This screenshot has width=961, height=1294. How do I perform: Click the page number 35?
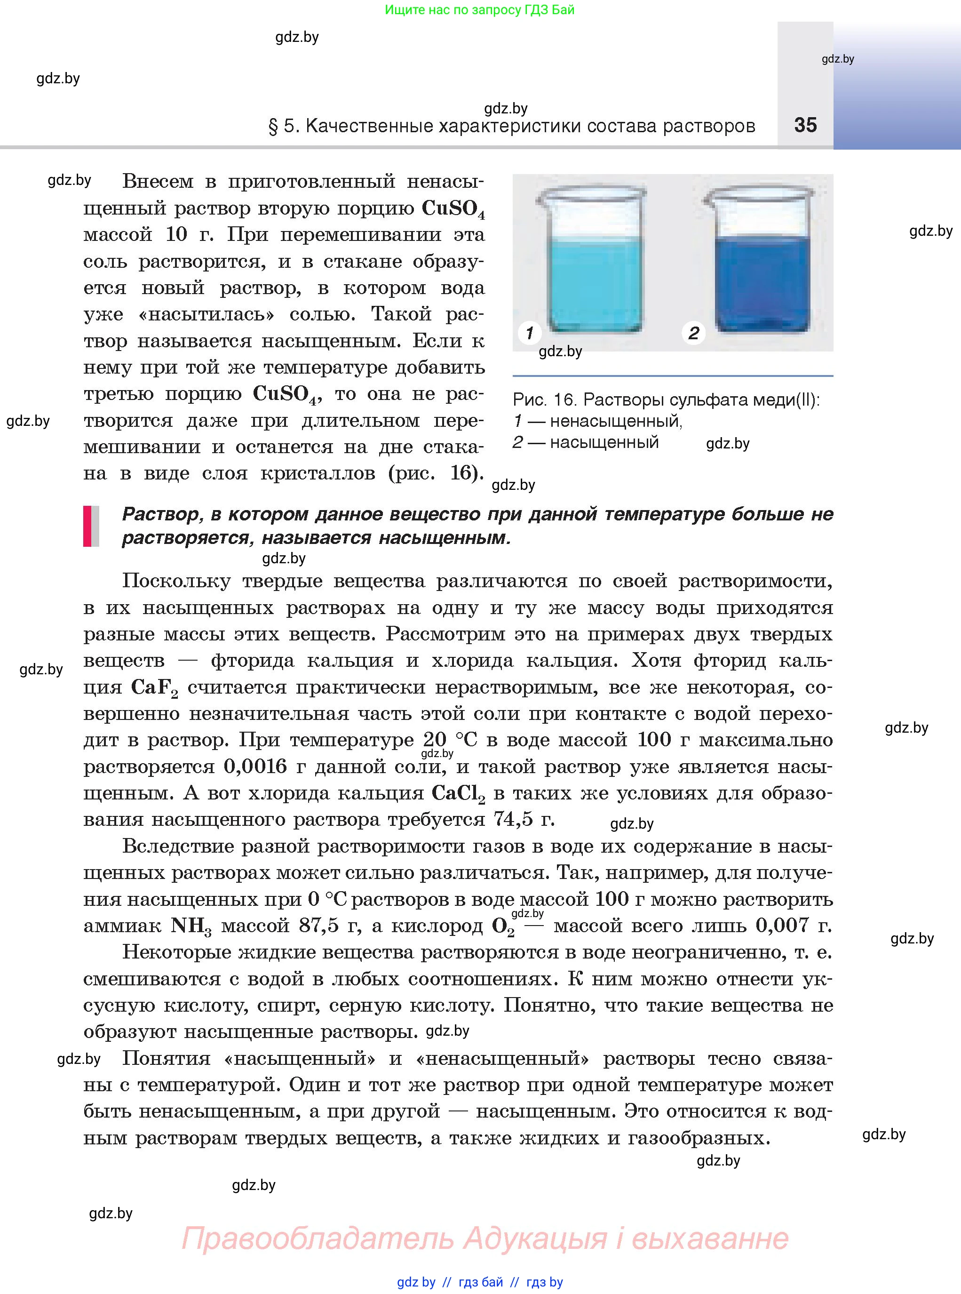tap(805, 125)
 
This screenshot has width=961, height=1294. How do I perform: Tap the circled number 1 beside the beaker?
tap(529, 334)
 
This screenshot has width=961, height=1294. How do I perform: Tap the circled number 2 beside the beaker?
tap(693, 334)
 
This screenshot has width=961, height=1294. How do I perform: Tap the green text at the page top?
tap(479, 10)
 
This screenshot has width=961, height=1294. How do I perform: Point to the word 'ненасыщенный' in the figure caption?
tap(615, 421)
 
